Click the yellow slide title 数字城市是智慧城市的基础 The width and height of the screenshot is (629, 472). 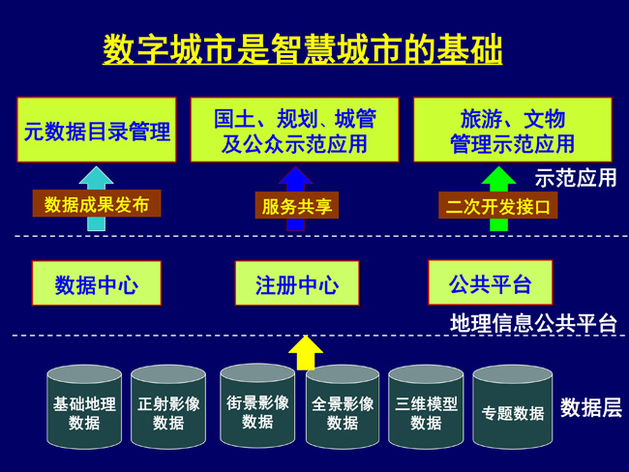303,49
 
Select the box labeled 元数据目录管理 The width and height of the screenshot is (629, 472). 97,130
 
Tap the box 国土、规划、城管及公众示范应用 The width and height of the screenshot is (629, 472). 295,130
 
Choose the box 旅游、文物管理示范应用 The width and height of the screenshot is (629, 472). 513,130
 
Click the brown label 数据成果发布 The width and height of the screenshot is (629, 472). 97,204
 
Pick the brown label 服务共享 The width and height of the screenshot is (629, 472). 297,205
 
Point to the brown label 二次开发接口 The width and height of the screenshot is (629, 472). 497,205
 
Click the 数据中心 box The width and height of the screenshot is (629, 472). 97,283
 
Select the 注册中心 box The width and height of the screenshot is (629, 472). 297,283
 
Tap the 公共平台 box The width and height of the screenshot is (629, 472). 491,282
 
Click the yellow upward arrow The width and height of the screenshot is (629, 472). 306,353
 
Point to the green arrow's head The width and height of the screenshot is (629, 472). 498,176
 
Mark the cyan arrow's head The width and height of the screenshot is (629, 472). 96,176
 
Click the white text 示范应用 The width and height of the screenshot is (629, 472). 576,178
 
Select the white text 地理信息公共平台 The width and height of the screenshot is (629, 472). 533,323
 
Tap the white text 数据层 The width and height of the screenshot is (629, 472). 591,407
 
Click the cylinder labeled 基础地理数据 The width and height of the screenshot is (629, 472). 84,406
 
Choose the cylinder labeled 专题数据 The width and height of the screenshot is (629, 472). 513,406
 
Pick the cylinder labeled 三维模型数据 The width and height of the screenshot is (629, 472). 426,406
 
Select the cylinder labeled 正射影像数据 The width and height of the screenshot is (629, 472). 168,406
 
